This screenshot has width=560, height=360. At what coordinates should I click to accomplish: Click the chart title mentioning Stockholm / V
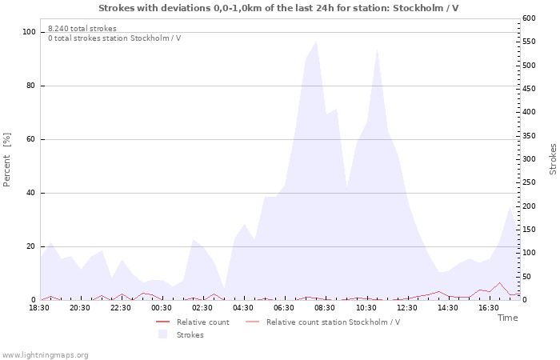coord(278,8)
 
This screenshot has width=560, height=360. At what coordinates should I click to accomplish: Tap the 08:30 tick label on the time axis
coord(325,308)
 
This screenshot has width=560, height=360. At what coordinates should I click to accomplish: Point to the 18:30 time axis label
coord(39,308)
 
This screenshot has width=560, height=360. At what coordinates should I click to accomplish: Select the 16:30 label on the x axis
coord(488,308)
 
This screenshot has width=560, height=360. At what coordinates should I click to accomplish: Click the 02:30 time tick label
coord(202,308)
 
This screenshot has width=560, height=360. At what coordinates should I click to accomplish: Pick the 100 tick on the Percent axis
coord(29,32)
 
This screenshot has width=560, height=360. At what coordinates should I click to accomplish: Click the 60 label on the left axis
coord(30,139)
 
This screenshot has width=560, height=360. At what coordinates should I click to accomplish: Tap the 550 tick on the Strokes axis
coord(529,42)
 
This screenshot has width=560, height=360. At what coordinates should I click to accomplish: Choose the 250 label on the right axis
coord(529,182)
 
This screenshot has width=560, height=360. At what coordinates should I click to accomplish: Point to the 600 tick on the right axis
coord(529,18)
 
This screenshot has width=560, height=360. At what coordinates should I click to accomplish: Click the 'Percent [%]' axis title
coord(6,160)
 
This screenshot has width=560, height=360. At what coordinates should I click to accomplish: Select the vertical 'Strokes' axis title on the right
coord(553,159)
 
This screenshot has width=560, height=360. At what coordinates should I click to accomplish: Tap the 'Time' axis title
coord(507,318)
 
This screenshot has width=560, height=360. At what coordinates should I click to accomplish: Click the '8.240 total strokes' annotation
coord(82,29)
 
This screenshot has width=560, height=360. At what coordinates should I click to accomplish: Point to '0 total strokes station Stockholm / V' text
coord(114,38)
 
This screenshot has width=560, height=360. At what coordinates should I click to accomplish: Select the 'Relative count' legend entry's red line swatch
coord(163,322)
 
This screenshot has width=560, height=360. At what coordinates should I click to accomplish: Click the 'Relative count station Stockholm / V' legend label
coord(334,322)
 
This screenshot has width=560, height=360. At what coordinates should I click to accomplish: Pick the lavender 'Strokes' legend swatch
coord(163,334)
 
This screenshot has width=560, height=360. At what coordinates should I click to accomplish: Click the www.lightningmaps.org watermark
coord(44,355)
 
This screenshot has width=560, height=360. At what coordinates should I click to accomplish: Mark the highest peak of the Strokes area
coord(316,41)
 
